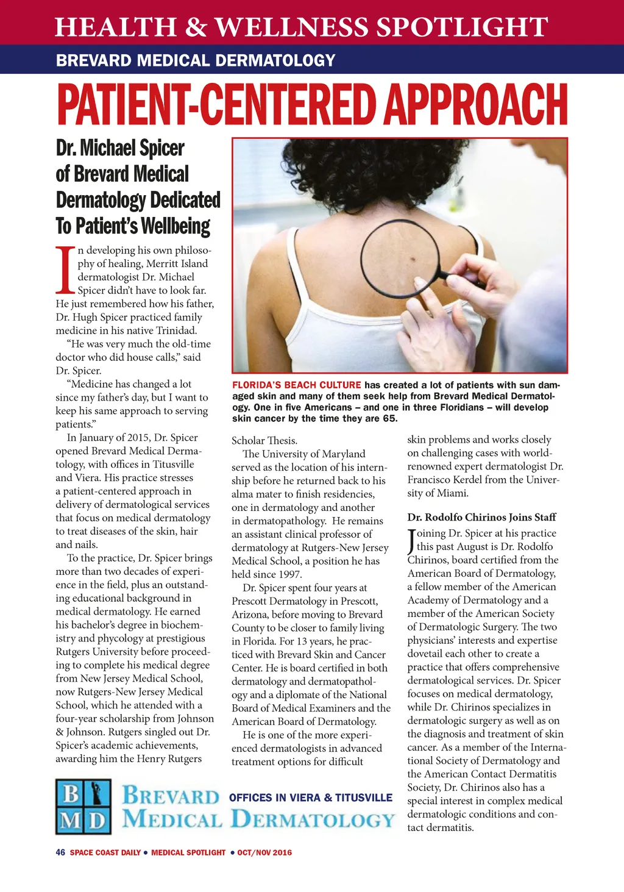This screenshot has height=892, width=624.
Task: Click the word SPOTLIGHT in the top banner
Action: [x=462, y=27]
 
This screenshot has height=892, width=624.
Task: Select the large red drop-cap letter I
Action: [x=65, y=269]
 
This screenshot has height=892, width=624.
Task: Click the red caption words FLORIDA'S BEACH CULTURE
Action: [x=297, y=385]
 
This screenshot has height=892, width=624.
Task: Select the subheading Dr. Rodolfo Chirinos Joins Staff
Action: [x=481, y=517]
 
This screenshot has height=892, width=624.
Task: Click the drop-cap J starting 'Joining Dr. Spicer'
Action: [x=411, y=541]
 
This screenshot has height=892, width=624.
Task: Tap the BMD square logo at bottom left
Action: [x=83, y=807]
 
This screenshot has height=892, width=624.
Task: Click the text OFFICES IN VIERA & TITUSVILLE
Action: [x=311, y=797]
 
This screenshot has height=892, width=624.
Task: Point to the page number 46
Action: [x=60, y=852]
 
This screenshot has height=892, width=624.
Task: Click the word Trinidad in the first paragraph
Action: [x=177, y=330]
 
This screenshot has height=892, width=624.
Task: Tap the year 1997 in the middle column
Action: [x=291, y=574]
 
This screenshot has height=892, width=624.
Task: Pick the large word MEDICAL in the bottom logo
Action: [x=172, y=819]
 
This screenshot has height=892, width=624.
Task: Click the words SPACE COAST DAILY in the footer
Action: [x=105, y=852]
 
